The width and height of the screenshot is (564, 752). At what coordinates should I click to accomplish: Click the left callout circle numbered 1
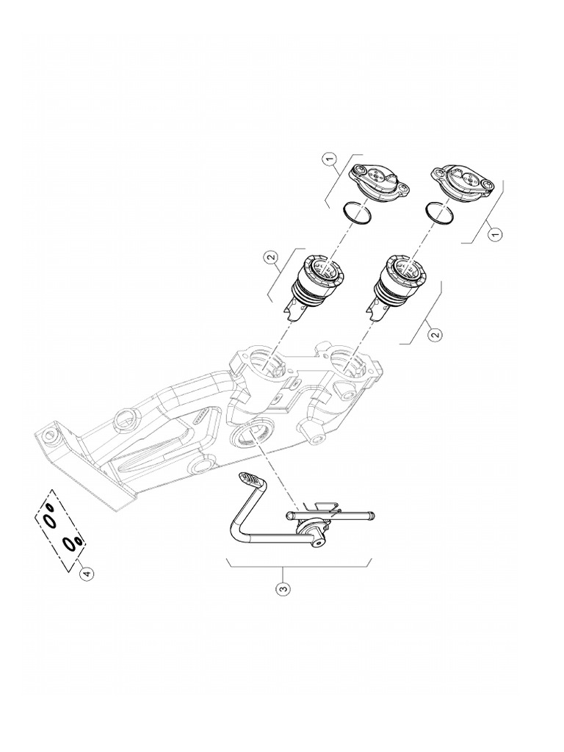330,158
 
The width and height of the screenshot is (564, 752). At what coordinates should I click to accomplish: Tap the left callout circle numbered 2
272,257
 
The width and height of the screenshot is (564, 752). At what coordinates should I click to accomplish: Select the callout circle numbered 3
284,588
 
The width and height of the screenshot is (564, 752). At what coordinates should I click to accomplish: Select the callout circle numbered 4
87,573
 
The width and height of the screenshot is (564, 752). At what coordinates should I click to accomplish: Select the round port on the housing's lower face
251,435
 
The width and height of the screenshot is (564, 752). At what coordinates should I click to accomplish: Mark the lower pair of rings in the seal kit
73,543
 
